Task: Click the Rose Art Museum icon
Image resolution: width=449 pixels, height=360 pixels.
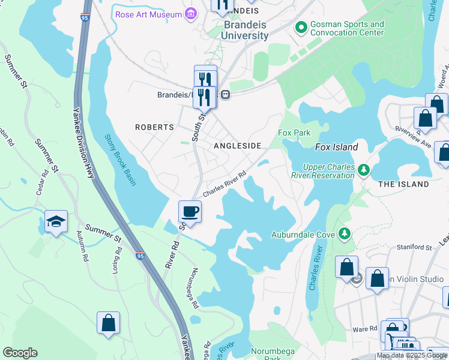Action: (x=191, y=13)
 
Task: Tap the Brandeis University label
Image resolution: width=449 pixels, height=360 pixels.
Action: (x=245, y=31)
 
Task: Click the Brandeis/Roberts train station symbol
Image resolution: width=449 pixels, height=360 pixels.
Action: (x=225, y=94)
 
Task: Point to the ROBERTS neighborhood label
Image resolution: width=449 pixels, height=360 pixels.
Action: (x=154, y=127)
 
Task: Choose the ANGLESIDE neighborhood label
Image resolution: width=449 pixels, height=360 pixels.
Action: (x=238, y=146)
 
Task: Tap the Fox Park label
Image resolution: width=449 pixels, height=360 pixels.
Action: (x=294, y=133)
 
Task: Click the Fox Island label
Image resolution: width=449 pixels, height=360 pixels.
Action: (x=337, y=147)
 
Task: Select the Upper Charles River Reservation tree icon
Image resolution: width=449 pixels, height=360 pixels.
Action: (x=363, y=171)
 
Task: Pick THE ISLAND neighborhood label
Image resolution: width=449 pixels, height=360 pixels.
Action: (x=403, y=184)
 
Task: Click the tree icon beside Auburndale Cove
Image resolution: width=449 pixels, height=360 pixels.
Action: (x=344, y=233)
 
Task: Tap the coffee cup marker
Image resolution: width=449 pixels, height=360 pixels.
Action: (x=190, y=212)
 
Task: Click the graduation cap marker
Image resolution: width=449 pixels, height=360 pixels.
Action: (x=56, y=222)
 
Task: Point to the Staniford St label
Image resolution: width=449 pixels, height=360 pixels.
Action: (x=414, y=247)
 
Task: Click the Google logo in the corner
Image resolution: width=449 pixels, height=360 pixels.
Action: (x=20, y=353)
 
